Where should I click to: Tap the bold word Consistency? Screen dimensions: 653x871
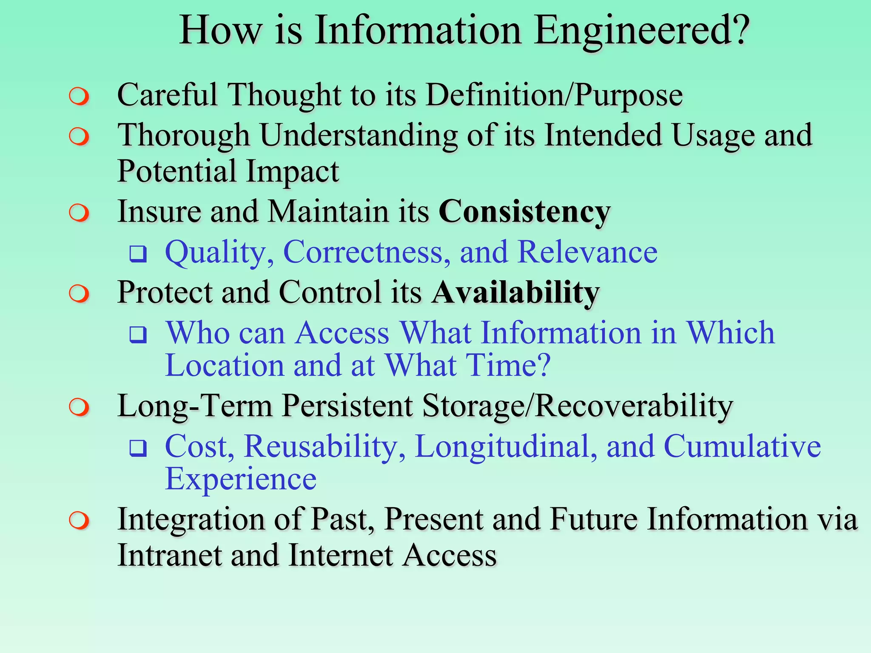point(524,211)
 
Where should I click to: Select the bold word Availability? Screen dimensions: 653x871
point(515,292)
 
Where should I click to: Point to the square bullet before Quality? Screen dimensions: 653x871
point(138,254)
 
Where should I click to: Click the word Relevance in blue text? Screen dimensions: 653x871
point(587,252)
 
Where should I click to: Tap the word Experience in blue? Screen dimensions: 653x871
point(241,479)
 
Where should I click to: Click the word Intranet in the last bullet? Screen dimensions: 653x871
point(169,556)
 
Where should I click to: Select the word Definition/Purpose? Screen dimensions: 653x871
point(554,95)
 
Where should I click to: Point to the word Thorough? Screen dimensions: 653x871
point(183,135)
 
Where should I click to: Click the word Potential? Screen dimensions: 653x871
point(176,171)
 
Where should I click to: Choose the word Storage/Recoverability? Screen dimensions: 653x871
point(577,406)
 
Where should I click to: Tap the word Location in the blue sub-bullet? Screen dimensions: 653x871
point(225,366)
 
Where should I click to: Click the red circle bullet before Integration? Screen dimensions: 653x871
point(79,521)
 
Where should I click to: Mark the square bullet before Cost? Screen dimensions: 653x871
point(138,448)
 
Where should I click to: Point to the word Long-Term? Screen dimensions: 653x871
point(194,406)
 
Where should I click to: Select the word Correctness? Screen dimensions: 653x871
point(367,252)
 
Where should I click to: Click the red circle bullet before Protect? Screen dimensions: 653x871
point(79,293)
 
